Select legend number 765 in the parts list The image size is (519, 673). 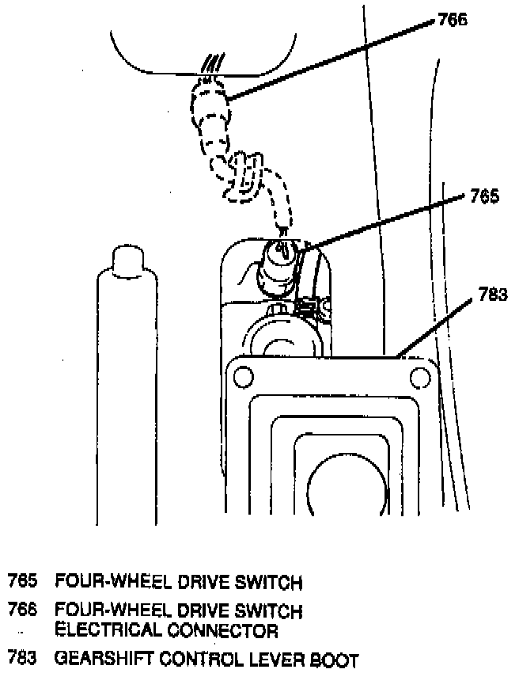click(x=22, y=584)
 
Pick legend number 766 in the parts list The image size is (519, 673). click(x=22, y=611)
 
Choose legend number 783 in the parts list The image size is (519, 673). click(x=22, y=659)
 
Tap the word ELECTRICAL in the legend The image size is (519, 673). click(x=106, y=630)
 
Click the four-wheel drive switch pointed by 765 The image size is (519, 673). click(x=281, y=258)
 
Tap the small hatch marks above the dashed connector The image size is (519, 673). click(x=212, y=62)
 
